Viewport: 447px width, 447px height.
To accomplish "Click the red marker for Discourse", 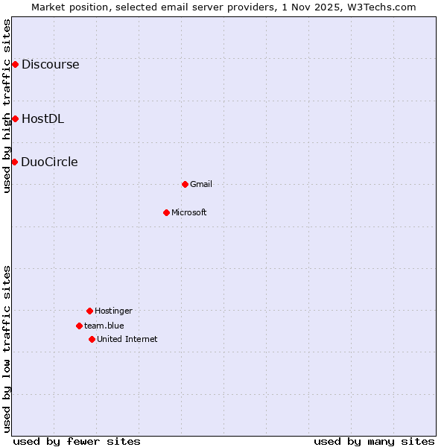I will tap(15, 65).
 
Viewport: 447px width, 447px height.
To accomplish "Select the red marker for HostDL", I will tap(15, 118).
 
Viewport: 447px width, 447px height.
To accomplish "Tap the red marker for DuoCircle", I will tap(14, 162).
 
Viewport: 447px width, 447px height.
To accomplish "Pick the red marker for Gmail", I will tap(185, 184).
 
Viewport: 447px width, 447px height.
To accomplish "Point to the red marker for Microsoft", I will tap(166, 212).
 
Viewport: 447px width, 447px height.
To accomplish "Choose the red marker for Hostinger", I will tap(89, 311).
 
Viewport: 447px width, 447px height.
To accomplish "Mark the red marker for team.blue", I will tap(79, 326).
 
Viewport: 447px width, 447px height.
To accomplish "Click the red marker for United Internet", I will tap(92, 339).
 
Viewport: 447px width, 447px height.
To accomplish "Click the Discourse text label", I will tap(50, 65).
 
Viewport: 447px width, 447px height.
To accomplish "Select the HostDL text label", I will tap(42, 118).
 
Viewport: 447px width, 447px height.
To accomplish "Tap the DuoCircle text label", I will tap(49, 162).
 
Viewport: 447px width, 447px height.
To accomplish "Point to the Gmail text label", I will tap(201, 184).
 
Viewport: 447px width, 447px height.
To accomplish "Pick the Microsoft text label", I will tap(189, 212).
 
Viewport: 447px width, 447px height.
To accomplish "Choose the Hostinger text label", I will tap(113, 311).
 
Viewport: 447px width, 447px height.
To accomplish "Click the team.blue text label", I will tap(104, 326).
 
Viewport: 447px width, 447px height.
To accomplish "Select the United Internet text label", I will tap(127, 339).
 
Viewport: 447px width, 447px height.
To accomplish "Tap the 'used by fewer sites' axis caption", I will tap(77, 441).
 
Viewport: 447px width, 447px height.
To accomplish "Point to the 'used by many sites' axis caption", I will tap(374, 441).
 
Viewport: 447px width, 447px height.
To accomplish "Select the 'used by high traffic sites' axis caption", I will tap(7, 106).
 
